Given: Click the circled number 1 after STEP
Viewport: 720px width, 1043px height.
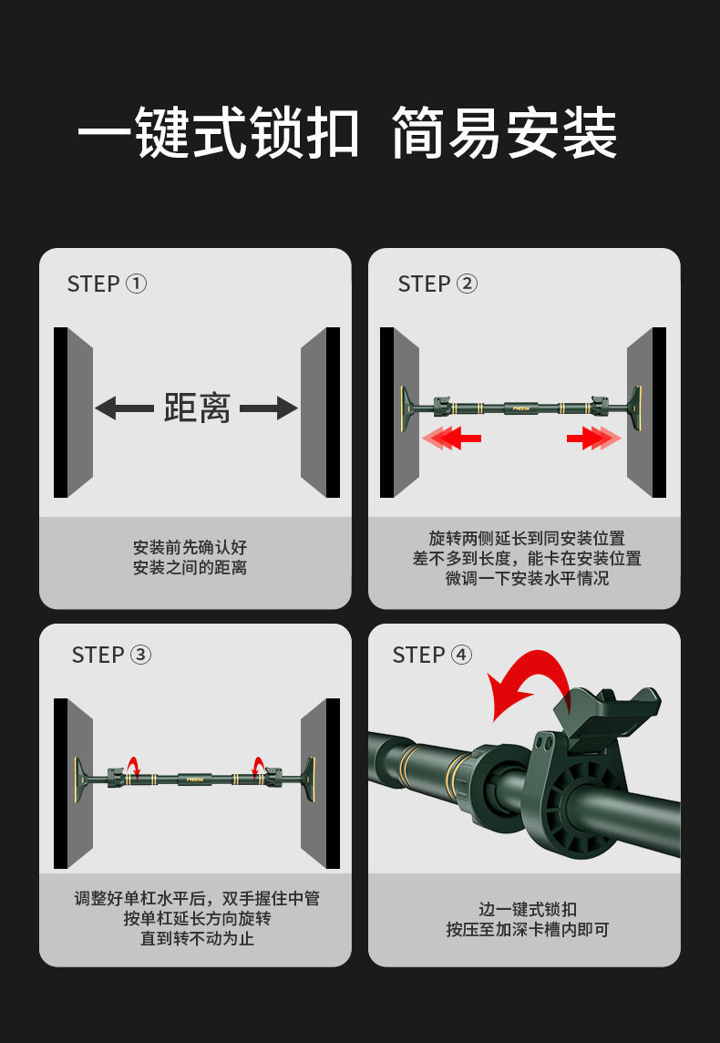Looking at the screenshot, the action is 137,284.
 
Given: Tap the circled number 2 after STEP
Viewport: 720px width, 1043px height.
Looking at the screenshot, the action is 467,284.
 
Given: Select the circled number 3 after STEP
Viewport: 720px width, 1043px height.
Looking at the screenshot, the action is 140,655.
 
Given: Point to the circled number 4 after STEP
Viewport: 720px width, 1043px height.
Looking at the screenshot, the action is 461,655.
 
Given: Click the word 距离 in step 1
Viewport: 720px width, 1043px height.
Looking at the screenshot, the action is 197,408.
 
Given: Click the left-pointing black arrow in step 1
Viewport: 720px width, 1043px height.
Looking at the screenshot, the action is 124,408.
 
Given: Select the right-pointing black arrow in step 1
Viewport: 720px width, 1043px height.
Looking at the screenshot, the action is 269,408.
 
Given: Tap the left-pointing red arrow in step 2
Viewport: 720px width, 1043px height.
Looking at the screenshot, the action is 451,438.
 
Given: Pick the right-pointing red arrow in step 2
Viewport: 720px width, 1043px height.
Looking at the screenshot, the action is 593,438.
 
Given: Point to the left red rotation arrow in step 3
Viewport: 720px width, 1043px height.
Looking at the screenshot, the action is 134,766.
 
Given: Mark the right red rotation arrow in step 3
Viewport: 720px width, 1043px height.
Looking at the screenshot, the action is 258,766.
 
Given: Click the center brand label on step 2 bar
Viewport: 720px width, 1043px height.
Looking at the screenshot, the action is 521,408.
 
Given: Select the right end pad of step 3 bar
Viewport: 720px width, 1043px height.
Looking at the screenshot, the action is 310,777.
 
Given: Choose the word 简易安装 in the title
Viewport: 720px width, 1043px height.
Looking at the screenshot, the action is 505,133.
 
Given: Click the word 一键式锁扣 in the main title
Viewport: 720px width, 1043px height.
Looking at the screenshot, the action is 219,133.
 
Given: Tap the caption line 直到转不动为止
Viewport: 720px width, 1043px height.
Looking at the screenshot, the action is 197,938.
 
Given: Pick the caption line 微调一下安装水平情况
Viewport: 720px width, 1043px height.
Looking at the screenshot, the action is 527,578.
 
